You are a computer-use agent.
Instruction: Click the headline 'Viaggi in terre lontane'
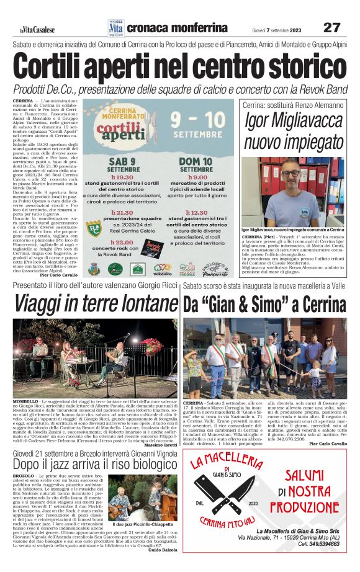pos(95,304)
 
